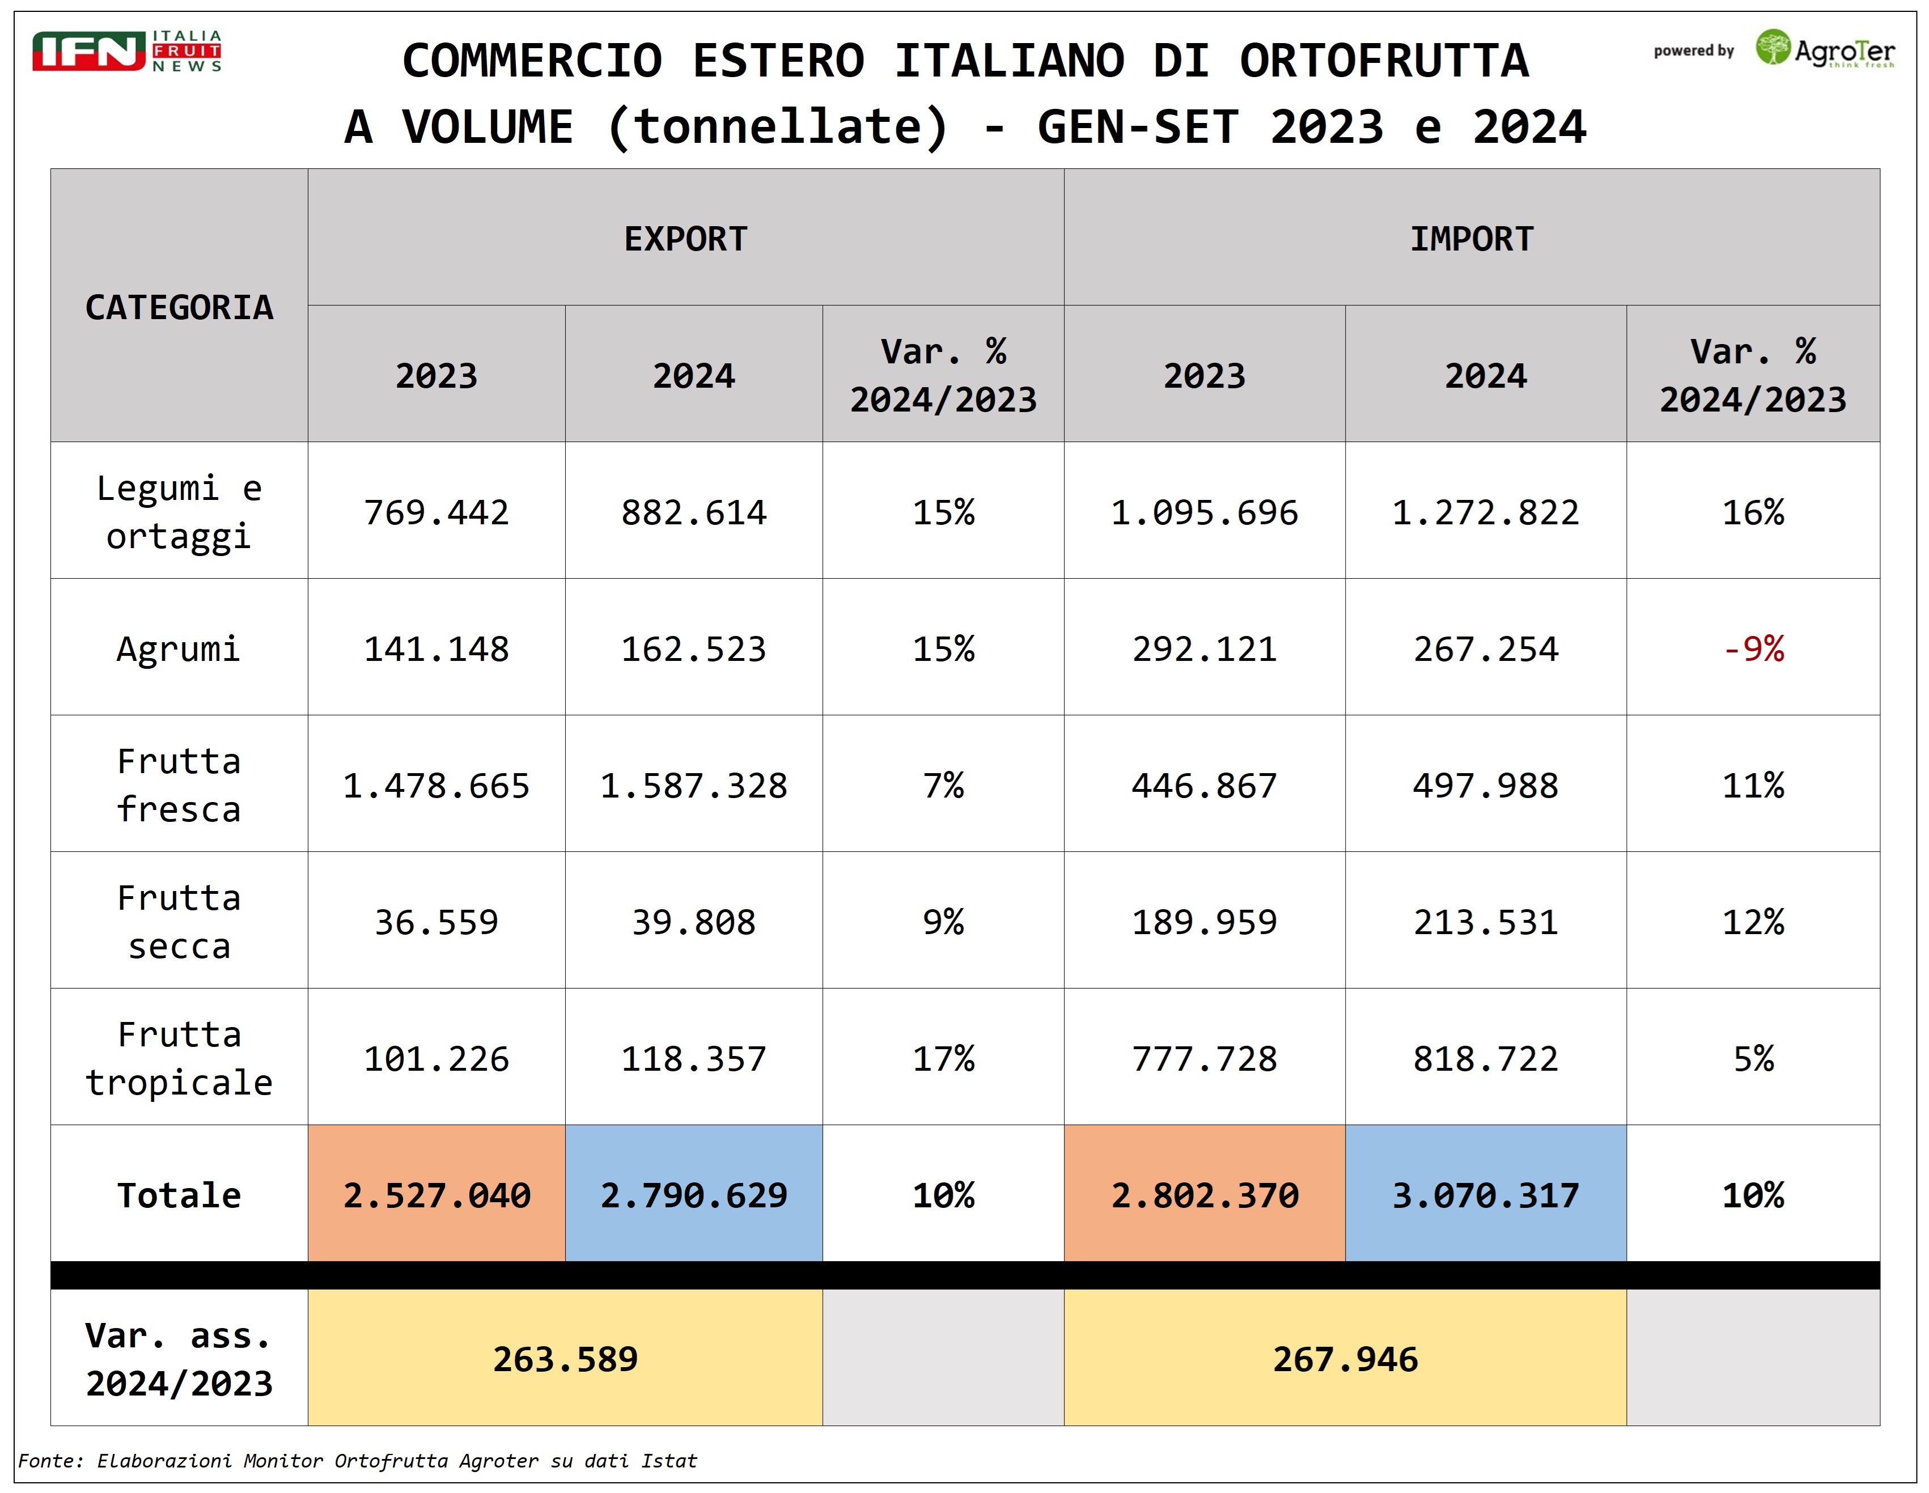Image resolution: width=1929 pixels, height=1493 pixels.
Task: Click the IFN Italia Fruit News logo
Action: pos(126,50)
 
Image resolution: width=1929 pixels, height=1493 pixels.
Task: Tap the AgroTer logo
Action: pos(1825,49)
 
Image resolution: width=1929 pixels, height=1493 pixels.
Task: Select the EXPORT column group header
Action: pos(685,239)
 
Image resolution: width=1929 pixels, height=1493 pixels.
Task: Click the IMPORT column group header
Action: pos(1472,239)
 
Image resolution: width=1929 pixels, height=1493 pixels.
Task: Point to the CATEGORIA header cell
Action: pos(179,307)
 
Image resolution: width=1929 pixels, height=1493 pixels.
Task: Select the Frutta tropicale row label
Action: pos(179,1058)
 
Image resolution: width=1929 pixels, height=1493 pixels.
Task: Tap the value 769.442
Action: pos(436,512)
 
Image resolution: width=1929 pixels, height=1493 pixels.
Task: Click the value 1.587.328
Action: pos(693,786)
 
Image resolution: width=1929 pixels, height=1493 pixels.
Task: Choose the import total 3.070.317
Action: pos(1486,1195)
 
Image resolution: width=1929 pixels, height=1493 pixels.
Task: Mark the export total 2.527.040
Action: pos(436,1195)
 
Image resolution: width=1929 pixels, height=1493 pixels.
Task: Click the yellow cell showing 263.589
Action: pos(565,1359)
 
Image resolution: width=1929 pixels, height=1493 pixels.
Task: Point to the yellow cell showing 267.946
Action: pos(1345,1359)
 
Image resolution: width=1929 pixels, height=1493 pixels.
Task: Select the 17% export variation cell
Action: pos(943,1058)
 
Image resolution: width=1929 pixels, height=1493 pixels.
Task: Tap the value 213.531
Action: pos(1486,922)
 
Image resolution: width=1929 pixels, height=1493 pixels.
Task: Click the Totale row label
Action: pos(179,1195)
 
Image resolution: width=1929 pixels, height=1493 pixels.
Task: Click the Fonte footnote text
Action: pos(358,1460)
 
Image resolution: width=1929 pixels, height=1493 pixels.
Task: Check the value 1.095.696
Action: pos(1204,512)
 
